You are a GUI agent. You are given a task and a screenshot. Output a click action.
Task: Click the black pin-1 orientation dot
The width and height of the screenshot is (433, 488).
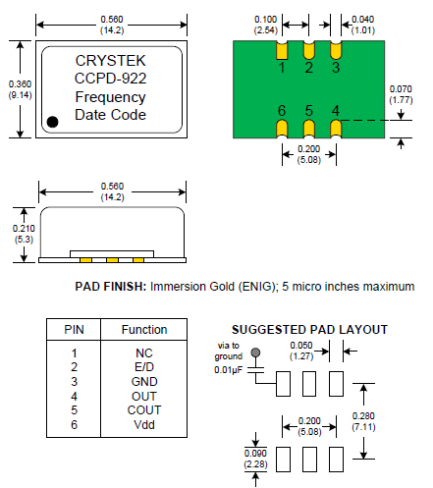52,122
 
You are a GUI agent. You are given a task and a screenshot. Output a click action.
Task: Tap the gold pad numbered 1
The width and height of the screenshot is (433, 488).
282,50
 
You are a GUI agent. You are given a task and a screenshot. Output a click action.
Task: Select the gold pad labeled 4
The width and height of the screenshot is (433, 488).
336,129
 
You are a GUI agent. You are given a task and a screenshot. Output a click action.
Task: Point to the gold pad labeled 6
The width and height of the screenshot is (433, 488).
282,129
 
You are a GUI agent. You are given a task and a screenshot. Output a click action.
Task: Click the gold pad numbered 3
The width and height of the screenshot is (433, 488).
336,50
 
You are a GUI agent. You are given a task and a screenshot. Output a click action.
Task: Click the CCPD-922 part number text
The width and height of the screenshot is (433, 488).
110,79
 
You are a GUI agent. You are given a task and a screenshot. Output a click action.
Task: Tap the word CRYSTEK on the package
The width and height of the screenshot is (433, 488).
110,61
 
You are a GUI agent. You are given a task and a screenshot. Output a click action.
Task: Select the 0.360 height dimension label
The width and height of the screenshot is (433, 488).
20,89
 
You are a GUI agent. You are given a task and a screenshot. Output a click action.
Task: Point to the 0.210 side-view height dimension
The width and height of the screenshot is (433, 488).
24,234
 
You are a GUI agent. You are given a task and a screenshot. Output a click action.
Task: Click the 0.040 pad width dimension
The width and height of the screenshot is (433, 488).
362,25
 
